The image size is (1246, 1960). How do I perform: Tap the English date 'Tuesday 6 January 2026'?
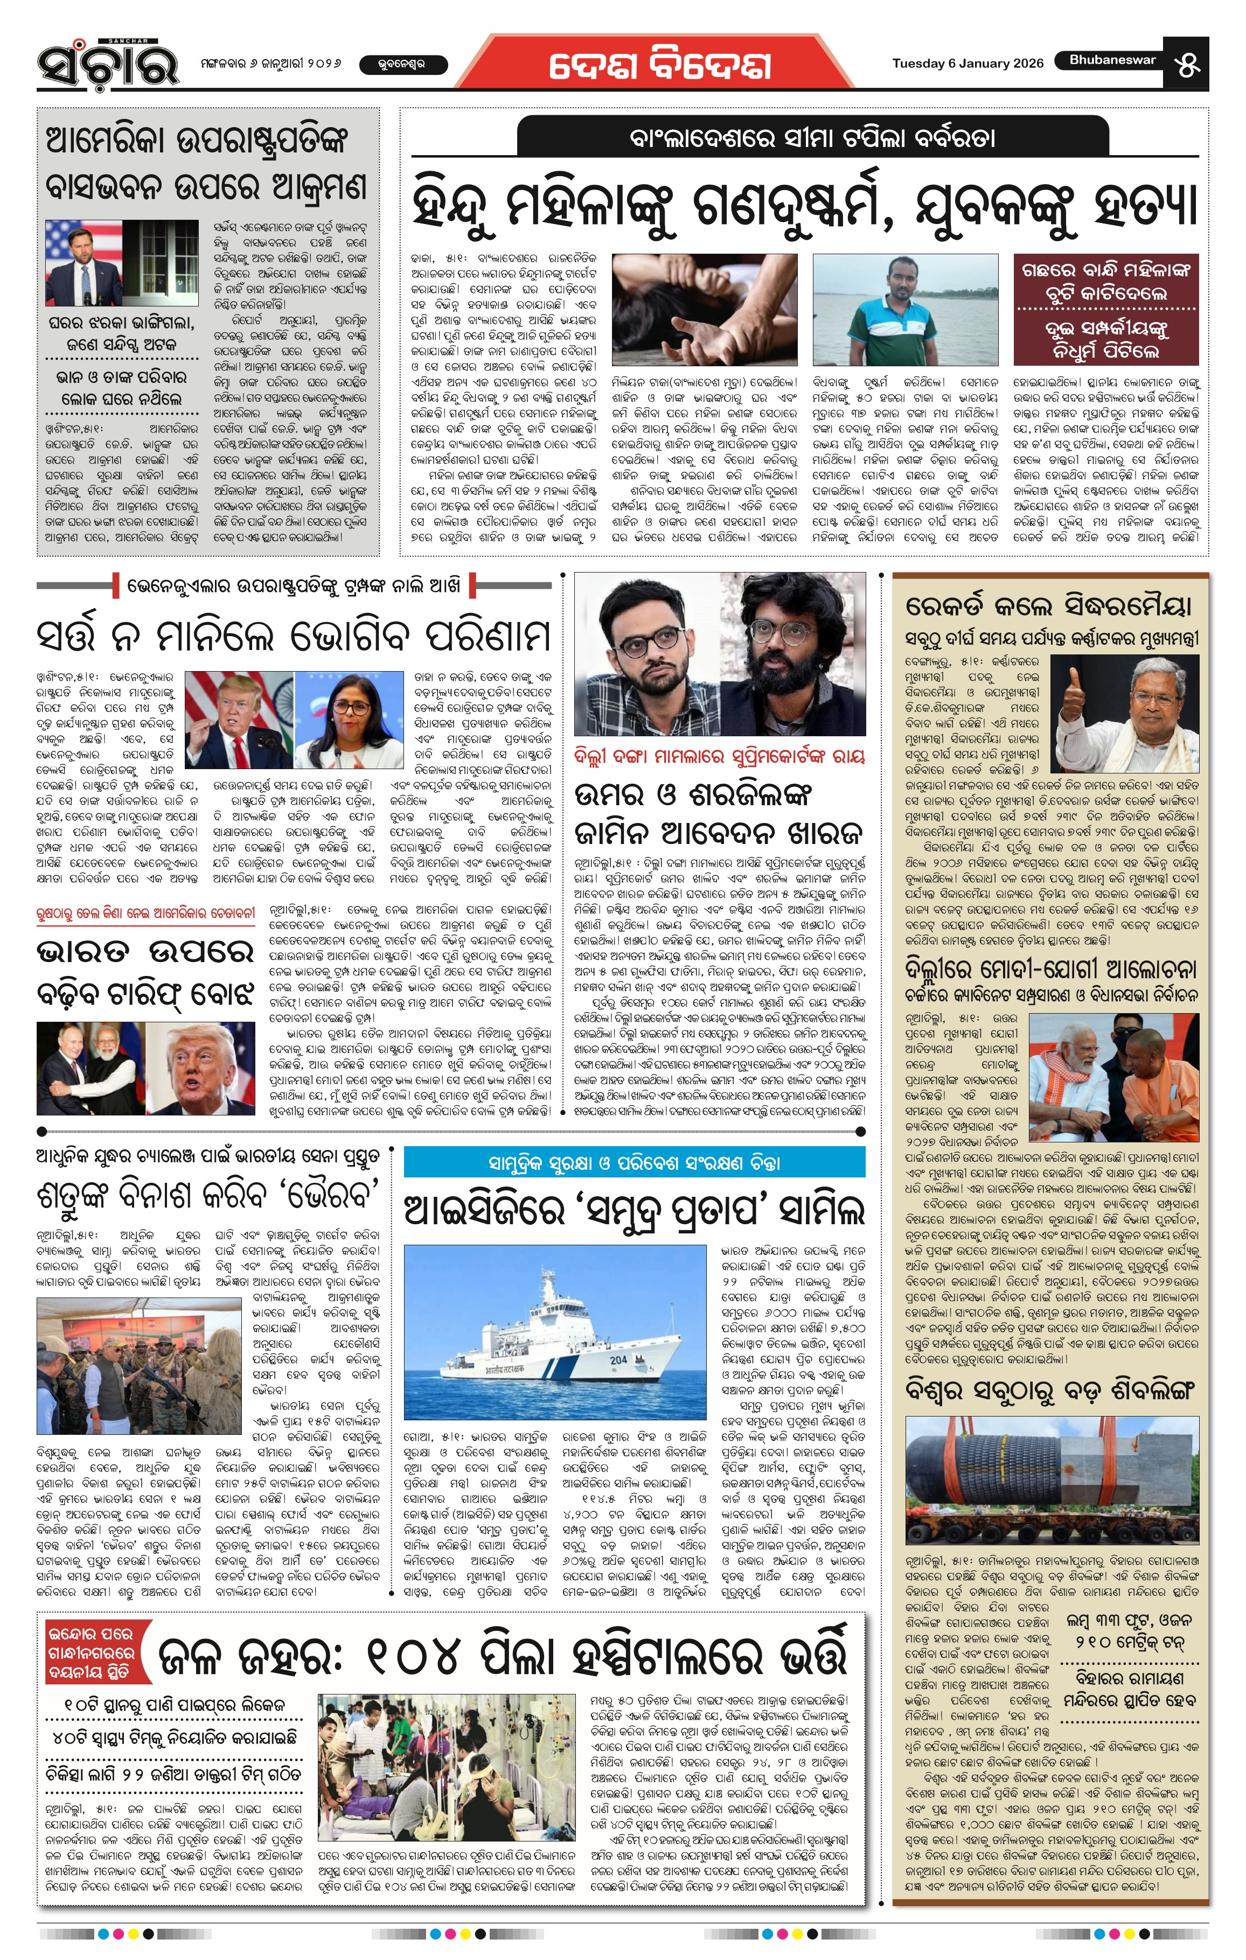point(967,64)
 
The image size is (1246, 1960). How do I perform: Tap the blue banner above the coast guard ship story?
point(634,1162)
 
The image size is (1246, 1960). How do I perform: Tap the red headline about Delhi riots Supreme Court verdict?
point(719,756)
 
